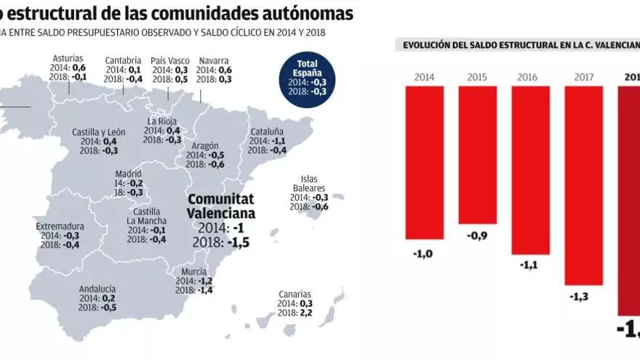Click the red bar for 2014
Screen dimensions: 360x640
click(x=424, y=162)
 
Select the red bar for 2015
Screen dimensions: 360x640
click(x=477, y=155)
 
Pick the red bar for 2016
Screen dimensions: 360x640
click(x=530, y=169)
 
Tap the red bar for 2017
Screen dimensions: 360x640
click(x=583, y=185)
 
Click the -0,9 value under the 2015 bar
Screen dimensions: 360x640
click(x=477, y=236)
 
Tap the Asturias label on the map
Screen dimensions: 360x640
click(x=68, y=58)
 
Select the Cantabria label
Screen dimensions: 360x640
click(x=123, y=60)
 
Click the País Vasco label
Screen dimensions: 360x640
click(x=169, y=60)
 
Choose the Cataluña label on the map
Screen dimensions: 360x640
click(x=267, y=132)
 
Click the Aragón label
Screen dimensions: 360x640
click(x=206, y=145)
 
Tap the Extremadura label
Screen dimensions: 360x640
click(x=60, y=226)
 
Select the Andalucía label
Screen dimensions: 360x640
click(x=97, y=289)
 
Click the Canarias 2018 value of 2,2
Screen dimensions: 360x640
click(x=305, y=313)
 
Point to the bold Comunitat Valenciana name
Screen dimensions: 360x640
click(x=220, y=206)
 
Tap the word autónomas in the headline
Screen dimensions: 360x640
click(x=301, y=13)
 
